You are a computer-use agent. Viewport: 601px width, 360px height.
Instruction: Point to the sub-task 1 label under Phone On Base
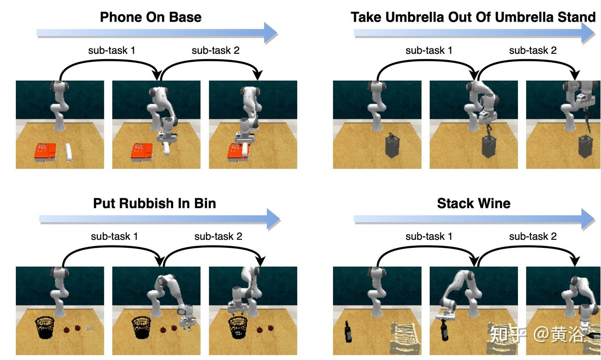(111, 50)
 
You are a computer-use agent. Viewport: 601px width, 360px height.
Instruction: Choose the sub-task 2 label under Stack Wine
(533, 237)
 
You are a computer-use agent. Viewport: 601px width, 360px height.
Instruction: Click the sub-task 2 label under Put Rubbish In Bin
(218, 237)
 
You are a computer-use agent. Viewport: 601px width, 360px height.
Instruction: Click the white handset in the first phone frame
(69, 152)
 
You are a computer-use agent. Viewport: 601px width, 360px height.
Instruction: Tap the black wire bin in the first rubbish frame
(45, 327)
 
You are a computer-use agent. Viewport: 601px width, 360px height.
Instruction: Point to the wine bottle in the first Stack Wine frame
(348, 332)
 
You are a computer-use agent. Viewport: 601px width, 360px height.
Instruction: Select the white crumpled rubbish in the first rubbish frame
(89, 329)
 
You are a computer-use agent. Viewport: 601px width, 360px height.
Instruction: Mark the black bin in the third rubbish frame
(238, 327)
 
